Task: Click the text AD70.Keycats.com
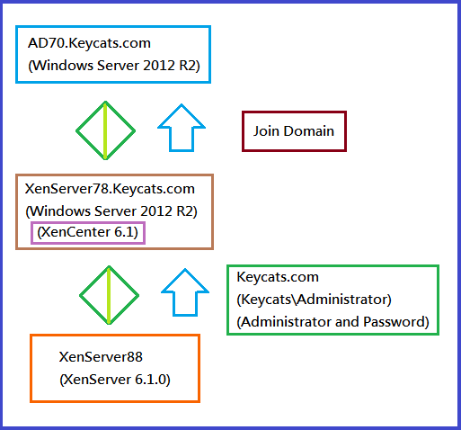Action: [x=89, y=43]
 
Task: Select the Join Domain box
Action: [x=294, y=112]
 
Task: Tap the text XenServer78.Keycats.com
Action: [x=110, y=189]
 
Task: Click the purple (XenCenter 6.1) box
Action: [x=88, y=222]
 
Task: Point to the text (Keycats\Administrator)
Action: [x=314, y=300]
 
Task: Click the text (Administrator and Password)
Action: [x=332, y=322]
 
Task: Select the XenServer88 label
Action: [x=101, y=357]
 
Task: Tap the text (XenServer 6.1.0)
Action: [x=115, y=380]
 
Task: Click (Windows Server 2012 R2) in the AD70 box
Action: [x=114, y=66]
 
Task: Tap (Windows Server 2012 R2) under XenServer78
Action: [x=111, y=211]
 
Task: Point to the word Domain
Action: [x=309, y=131]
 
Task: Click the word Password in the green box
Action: [x=396, y=322]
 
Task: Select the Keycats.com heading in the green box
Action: [x=278, y=277]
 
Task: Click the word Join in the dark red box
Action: [x=266, y=131]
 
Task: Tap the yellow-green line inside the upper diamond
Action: [x=105, y=130]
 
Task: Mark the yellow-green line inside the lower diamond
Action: [x=109, y=295]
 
